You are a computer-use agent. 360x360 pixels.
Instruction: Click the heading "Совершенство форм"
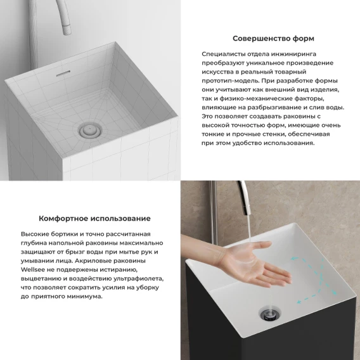point(273,39)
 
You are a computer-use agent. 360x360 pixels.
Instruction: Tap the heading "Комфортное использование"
point(94,218)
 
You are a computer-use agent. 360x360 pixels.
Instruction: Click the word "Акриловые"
point(94,261)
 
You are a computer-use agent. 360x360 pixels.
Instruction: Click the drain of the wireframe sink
point(90,131)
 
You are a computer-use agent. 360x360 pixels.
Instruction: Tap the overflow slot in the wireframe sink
point(63,74)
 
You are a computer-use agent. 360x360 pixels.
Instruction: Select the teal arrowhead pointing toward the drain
point(299,302)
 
